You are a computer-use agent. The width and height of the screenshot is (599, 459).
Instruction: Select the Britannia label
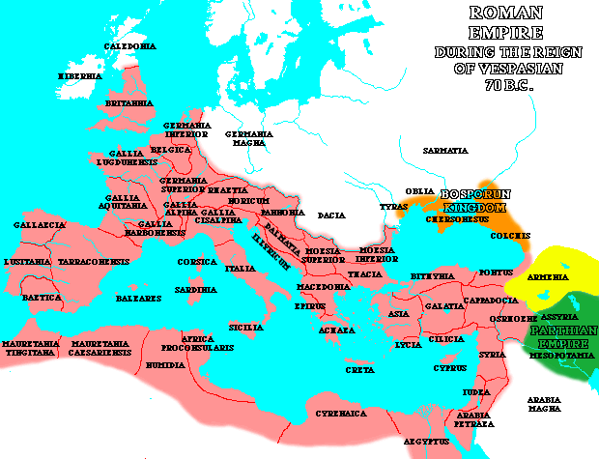[129, 102]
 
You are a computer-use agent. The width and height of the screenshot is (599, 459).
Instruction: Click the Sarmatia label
[445, 151]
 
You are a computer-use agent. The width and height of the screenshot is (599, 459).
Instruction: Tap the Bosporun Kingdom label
[468, 201]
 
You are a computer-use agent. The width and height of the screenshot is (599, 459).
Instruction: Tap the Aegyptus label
[425, 441]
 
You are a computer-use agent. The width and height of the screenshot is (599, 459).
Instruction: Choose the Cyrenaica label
[339, 413]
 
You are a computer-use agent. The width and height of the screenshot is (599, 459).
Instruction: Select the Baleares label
[138, 299]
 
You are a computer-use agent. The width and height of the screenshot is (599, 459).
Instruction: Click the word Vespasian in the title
[526, 69]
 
